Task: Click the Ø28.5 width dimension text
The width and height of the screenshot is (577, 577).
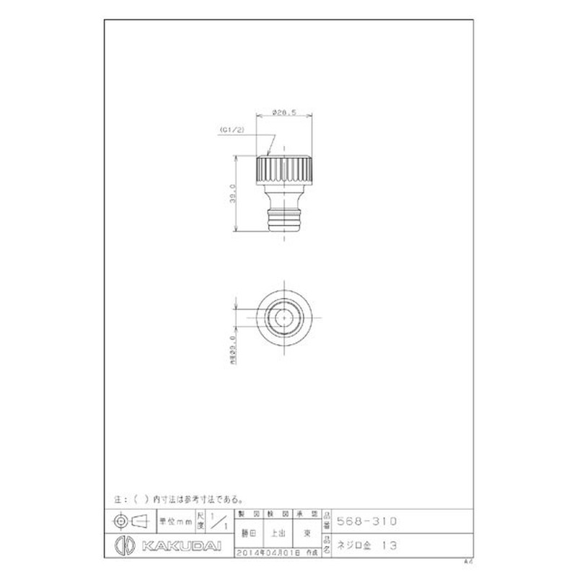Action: (284, 113)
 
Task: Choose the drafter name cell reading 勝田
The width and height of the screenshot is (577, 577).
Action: (249, 534)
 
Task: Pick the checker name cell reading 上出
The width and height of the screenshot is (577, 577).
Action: (278, 534)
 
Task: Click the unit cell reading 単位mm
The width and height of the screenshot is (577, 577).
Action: (172, 519)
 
